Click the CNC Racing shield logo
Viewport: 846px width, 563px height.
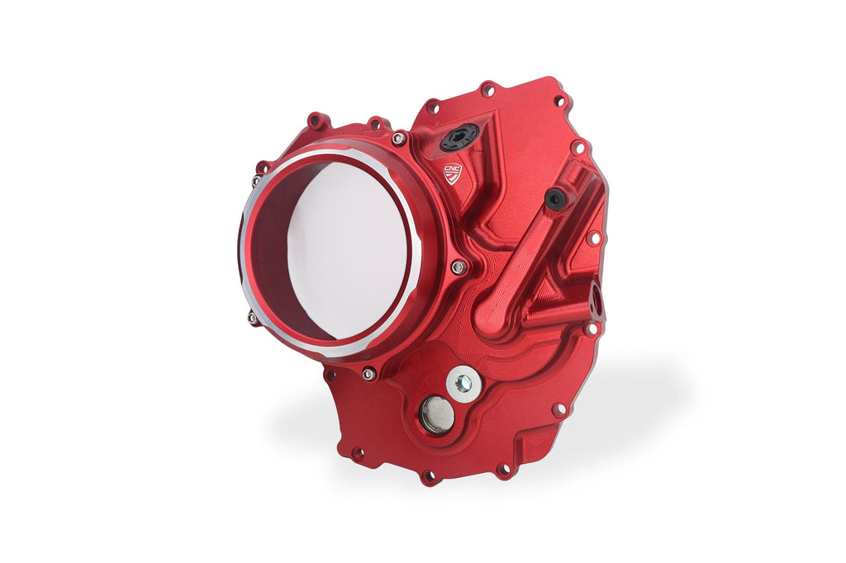coord(454,173)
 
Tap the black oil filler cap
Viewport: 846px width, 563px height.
coord(459,137)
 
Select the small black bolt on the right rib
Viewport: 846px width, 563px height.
coord(555,198)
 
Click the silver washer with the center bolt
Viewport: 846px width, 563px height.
coord(463,383)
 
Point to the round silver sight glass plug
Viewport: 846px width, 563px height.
coord(436,414)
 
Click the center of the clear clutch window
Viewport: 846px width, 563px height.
coord(347,249)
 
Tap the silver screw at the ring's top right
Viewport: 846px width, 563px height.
coord(398,139)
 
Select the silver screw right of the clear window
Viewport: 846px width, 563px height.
coord(458,267)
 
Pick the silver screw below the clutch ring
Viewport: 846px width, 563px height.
coord(368,374)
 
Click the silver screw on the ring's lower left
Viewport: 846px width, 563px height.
coord(253,316)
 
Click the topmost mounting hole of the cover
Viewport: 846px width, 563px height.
coord(487,88)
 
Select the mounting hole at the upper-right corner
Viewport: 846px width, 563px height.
coord(559,101)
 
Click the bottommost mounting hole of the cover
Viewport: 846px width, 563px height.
coord(428,475)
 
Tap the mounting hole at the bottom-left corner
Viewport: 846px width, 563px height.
coord(357,453)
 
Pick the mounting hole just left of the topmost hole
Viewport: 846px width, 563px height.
coord(431,107)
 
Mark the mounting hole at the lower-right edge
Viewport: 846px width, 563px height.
coord(559,409)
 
